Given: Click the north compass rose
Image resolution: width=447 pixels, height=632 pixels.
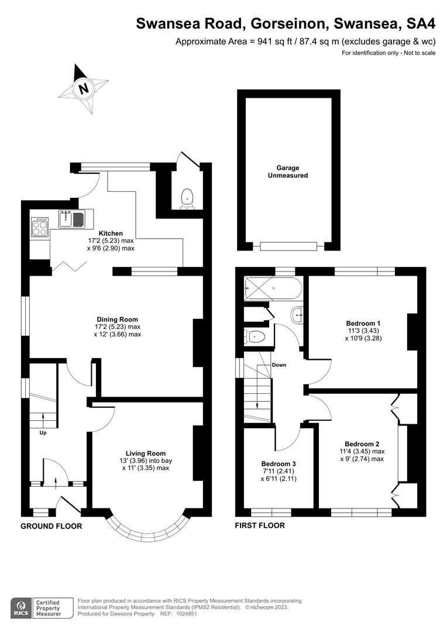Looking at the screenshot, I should click(83, 88).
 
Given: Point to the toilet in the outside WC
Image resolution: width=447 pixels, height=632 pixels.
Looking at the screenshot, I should click(187, 197).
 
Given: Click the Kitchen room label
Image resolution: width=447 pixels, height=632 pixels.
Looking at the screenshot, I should click(111, 233).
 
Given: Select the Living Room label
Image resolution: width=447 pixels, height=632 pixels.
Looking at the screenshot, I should click(145, 453).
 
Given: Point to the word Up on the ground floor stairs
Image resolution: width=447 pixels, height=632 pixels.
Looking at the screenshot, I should click(43, 434).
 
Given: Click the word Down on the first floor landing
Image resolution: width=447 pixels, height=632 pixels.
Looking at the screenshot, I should click(279, 365).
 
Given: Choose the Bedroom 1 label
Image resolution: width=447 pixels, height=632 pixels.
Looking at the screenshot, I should click(363, 323).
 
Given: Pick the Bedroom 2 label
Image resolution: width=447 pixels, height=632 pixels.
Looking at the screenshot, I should click(363, 443).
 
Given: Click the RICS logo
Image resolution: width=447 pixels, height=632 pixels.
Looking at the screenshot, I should click(21, 607).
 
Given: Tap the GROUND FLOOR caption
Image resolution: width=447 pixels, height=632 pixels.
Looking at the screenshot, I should click(51, 526).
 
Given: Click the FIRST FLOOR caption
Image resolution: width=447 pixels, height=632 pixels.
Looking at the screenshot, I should click(260, 525).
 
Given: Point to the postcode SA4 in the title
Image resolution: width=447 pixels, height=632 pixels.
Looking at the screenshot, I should click(420, 23).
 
